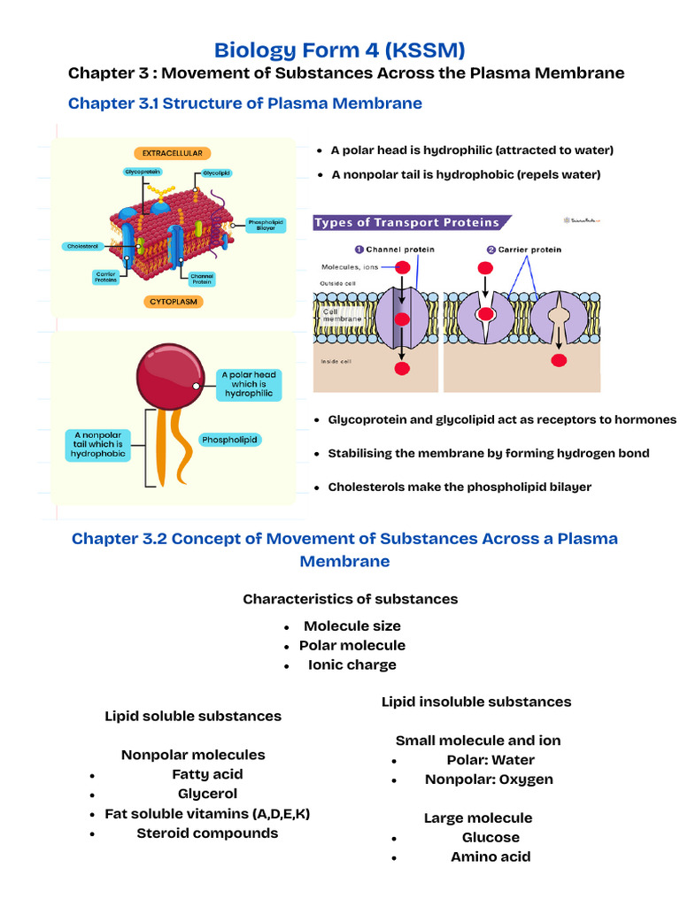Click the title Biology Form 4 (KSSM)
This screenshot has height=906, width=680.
(x=340, y=49)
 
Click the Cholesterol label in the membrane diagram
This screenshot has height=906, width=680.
(x=82, y=246)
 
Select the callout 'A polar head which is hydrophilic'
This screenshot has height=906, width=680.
(x=249, y=384)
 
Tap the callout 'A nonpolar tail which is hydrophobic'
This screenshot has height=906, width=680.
(x=99, y=445)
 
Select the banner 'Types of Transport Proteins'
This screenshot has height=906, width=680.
(x=407, y=223)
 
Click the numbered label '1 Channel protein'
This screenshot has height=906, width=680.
(x=395, y=250)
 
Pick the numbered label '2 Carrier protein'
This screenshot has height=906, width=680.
(x=523, y=250)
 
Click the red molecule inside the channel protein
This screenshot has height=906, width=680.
(x=402, y=319)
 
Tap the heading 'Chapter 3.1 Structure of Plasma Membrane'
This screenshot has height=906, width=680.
(x=245, y=104)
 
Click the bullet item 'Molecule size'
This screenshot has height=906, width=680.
(x=352, y=626)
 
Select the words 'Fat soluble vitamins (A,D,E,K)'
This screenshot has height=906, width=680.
(x=207, y=813)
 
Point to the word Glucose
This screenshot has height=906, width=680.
(x=491, y=837)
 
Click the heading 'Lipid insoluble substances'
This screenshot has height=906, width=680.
(x=476, y=702)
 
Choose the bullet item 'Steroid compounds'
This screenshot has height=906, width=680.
(x=207, y=833)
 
